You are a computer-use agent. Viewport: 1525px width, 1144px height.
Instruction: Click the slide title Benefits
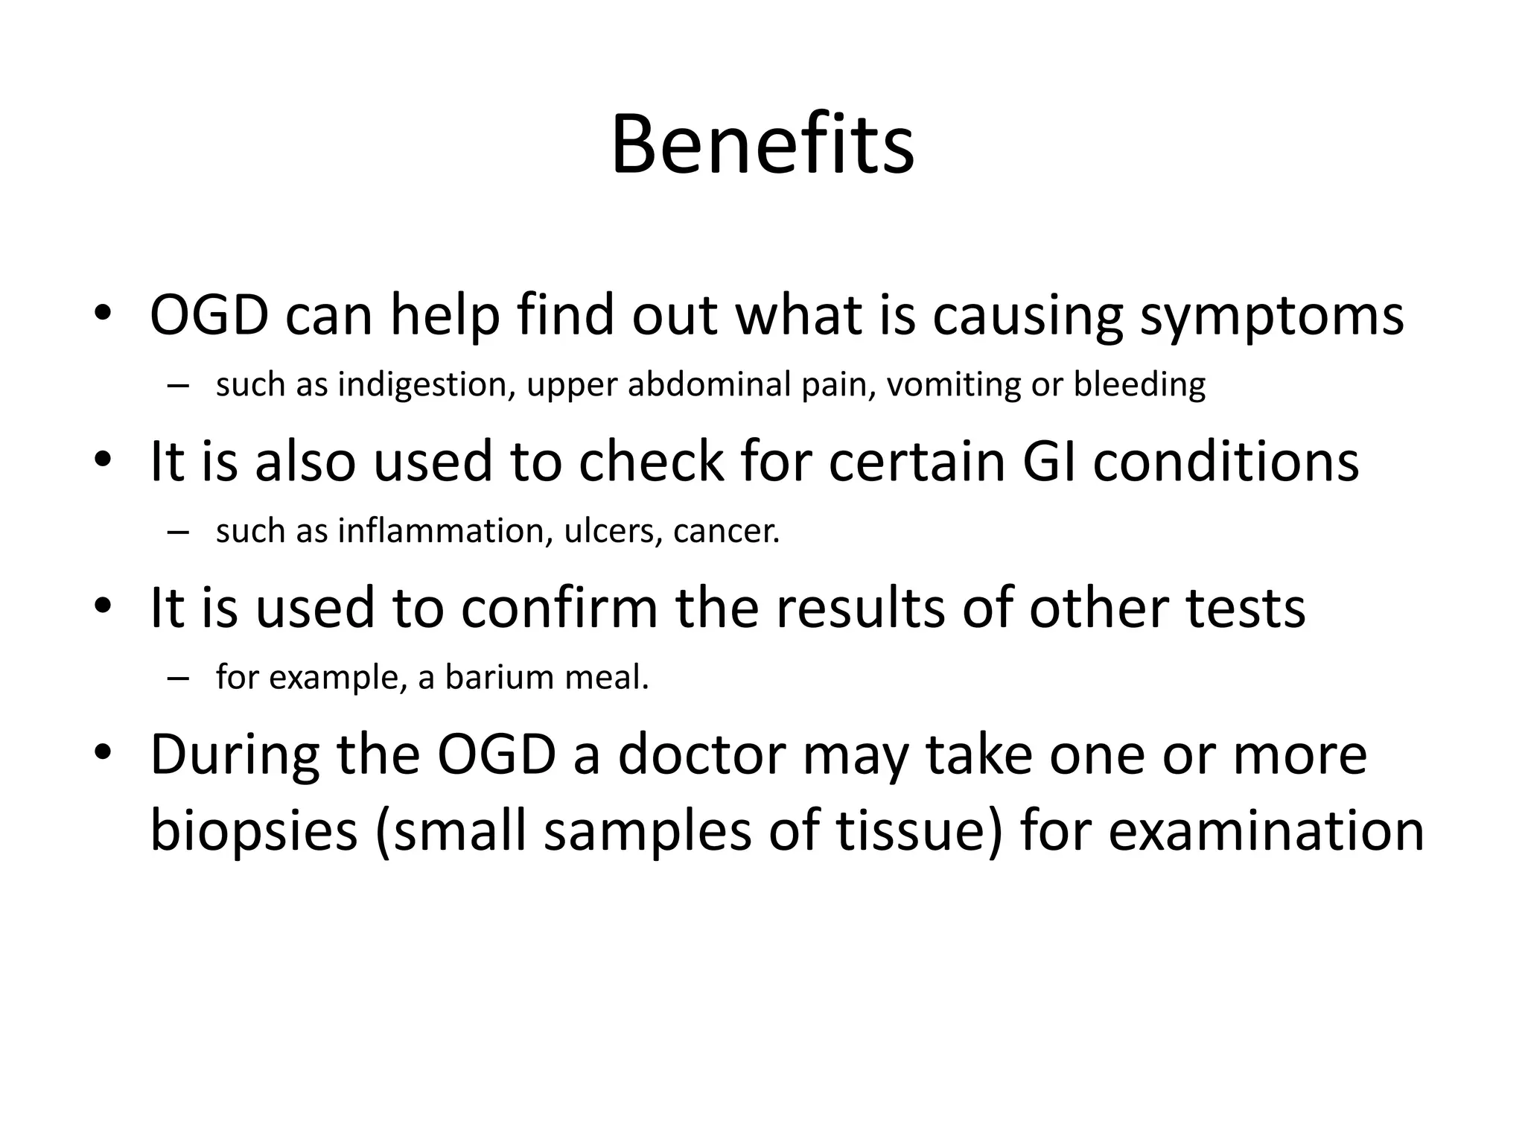[x=762, y=144]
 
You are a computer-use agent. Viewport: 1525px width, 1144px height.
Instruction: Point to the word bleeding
[x=1139, y=384]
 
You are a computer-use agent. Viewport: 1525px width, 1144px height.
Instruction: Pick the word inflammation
[x=445, y=531]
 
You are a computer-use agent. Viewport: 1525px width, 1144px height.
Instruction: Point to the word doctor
[x=702, y=755]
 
